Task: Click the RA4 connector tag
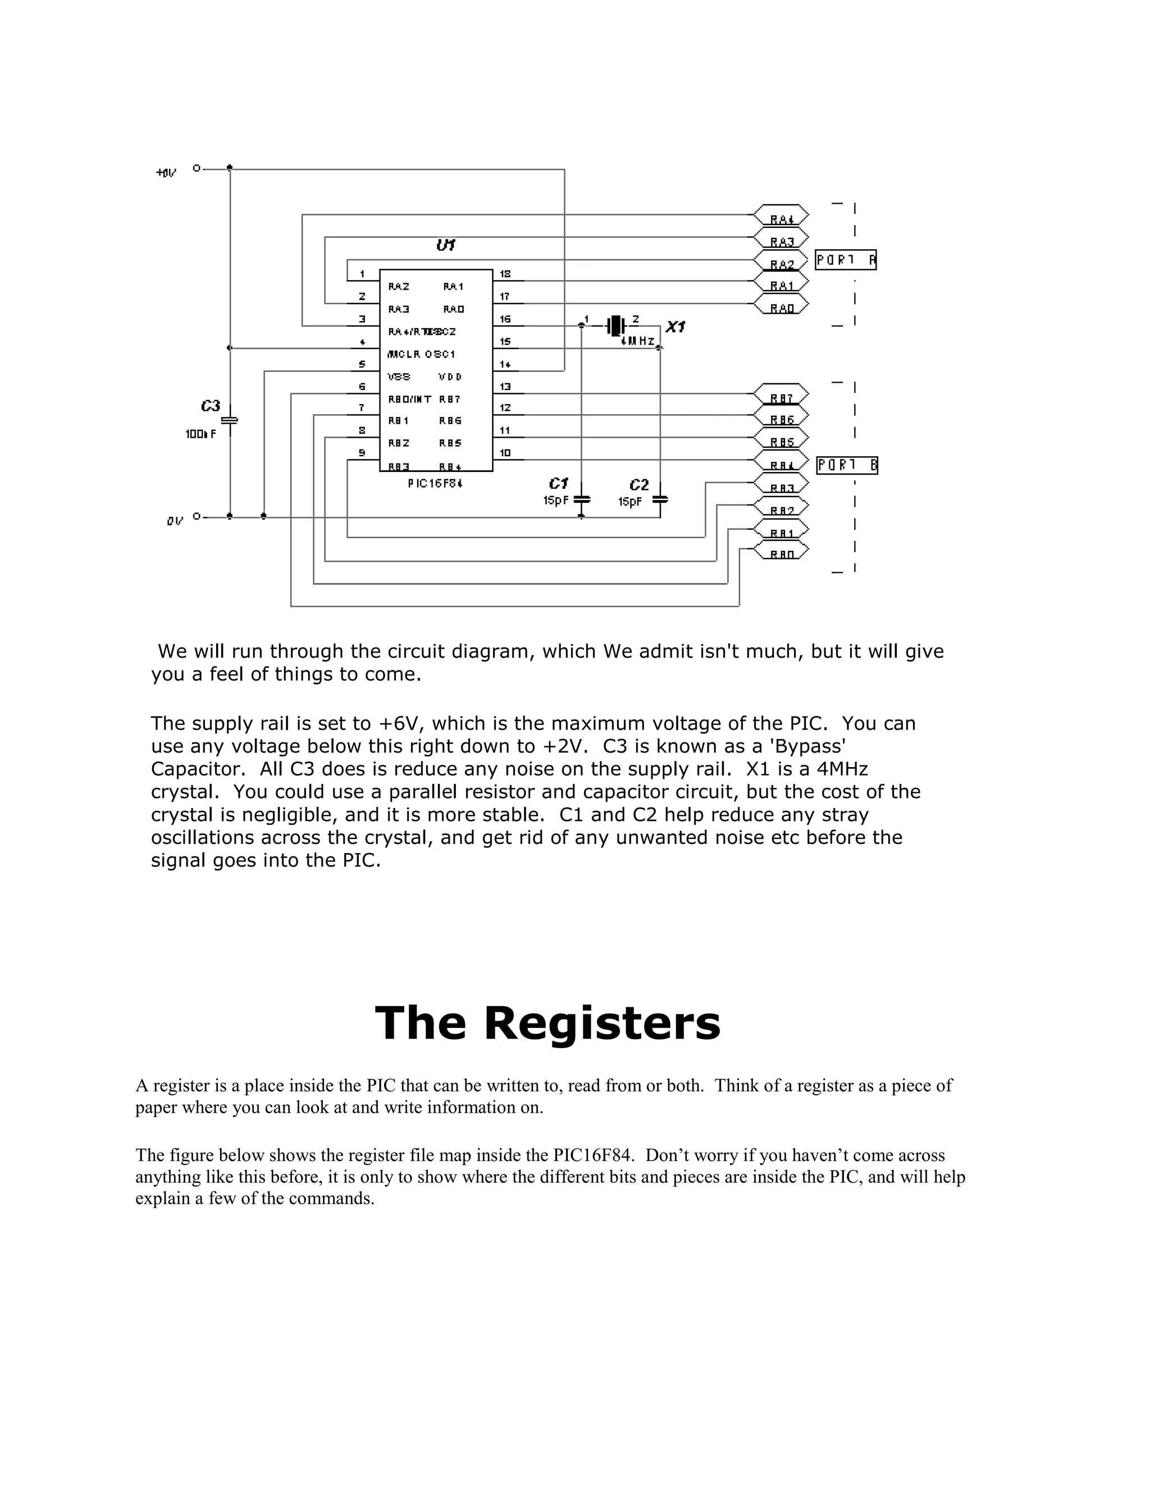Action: point(782,216)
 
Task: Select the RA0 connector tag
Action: point(782,306)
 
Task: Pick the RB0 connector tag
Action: point(782,552)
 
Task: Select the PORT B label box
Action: point(847,466)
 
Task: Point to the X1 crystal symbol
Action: point(615,325)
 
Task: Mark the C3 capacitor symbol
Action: point(230,421)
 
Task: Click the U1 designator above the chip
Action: point(445,245)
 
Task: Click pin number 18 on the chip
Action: point(505,274)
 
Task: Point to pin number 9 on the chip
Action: point(362,453)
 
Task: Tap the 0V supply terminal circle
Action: point(196,516)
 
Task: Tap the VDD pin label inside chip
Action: point(450,377)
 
